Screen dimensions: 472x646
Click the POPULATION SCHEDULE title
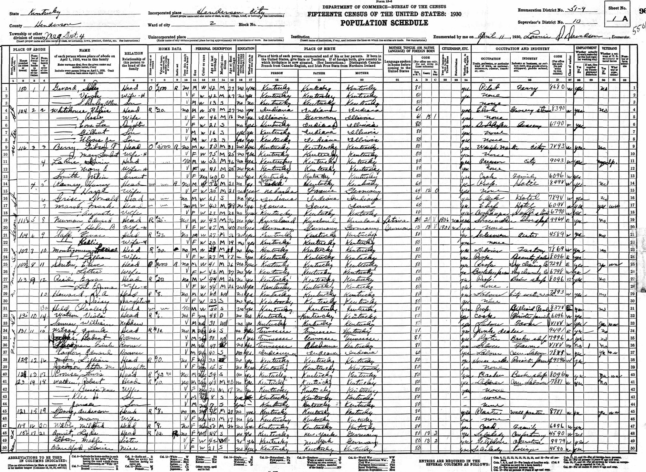tap(384, 23)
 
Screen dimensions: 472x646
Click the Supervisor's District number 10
tap(578, 22)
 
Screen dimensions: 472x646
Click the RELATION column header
tap(134, 53)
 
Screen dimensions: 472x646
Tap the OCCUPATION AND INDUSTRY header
tap(522, 49)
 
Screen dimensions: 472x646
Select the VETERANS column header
tap(608, 48)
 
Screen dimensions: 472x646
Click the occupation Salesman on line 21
tap(490, 235)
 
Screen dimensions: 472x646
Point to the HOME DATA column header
tap(170, 48)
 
